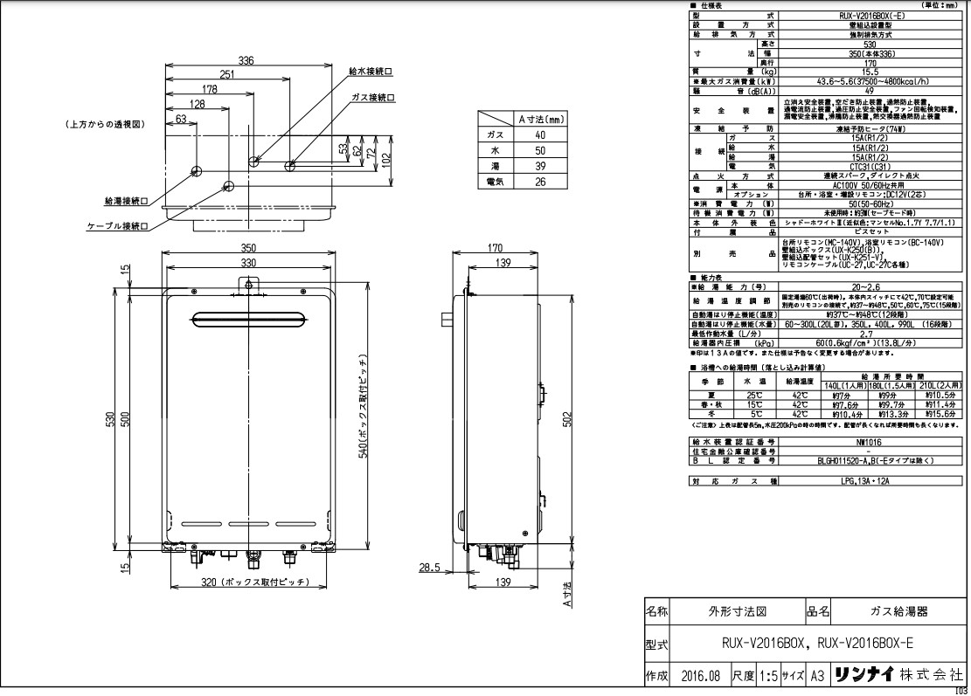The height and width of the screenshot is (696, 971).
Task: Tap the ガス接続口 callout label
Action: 372,97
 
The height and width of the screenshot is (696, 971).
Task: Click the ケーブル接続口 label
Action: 116,226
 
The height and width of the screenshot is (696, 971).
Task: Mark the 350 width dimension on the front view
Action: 249,248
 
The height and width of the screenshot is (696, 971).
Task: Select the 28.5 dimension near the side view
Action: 428,567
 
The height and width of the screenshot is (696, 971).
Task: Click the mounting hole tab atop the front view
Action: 249,285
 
